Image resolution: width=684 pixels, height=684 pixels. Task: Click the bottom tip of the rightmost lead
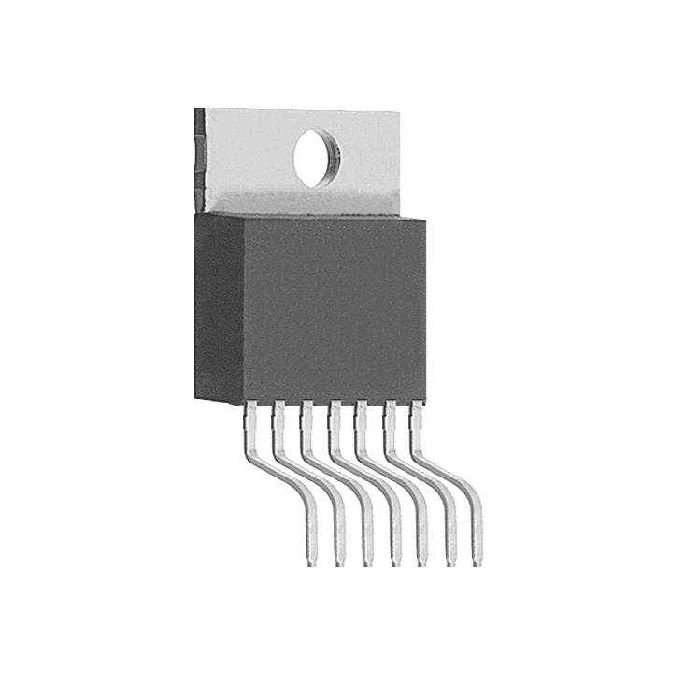(x=477, y=563)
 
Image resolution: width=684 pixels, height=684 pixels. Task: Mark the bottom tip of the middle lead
(x=394, y=563)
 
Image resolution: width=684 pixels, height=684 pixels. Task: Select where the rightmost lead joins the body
(x=417, y=407)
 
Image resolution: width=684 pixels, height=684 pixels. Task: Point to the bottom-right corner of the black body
(x=424, y=402)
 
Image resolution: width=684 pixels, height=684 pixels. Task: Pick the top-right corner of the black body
(x=425, y=221)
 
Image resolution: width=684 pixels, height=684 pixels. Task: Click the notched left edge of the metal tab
(x=199, y=159)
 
